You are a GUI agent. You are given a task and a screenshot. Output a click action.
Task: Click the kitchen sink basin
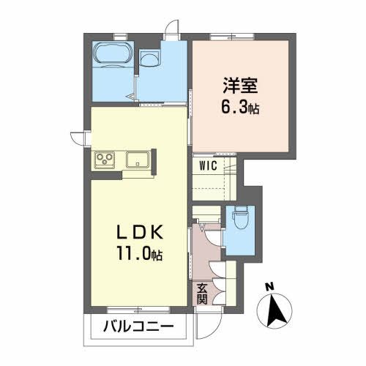coord(137,159)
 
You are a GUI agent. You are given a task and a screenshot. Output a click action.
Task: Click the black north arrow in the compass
coord(276,311)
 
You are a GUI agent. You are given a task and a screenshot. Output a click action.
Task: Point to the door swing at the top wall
coord(171,27)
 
